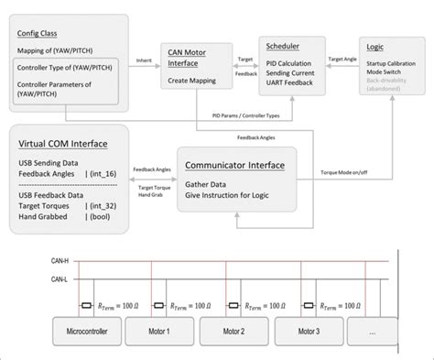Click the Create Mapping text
coord(192,81)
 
